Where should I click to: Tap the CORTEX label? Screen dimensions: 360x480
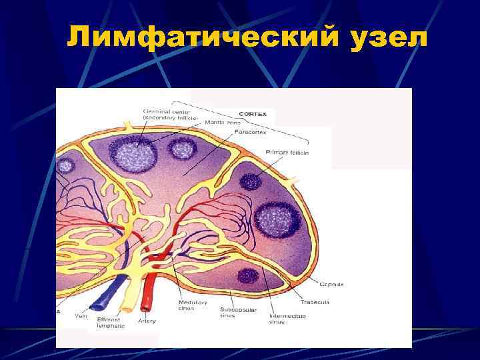click(x=253, y=114)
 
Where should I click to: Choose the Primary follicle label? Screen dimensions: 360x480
click(x=287, y=153)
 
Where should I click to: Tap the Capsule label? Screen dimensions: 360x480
click(x=331, y=285)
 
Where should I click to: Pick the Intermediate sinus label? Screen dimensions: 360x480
click(x=287, y=319)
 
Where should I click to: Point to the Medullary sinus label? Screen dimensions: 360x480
click(x=193, y=305)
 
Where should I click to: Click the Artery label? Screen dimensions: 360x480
click(x=147, y=321)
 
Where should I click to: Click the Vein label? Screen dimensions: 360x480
click(x=81, y=317)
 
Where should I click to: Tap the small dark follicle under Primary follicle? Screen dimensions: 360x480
click(x=251, y=180)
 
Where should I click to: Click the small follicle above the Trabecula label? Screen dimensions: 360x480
click(x=248, y=274)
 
